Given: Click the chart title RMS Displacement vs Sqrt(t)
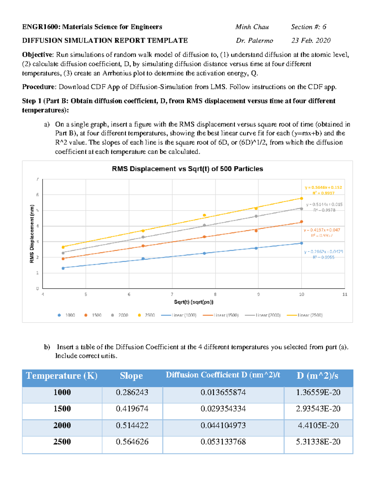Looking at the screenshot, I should pos(187,169).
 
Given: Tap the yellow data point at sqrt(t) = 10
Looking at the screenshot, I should pos(302,198).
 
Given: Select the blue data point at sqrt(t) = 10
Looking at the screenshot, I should pos(302,243).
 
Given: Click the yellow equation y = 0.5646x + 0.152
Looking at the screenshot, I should pos(323,187).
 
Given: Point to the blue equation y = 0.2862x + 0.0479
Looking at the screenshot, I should pos(323,251).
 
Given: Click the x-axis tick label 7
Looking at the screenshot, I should pos(172,294).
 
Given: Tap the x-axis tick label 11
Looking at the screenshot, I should pos(345,294).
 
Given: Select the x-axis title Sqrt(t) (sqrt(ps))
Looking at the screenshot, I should pos(194,302).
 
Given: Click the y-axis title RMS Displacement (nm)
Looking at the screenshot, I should pos(32,234).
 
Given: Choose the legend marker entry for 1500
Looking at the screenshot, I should pos(93,315).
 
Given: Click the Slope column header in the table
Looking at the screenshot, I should pos(132,376).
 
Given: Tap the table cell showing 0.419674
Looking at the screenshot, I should pos(132,409).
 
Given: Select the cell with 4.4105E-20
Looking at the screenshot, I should pos(318,425).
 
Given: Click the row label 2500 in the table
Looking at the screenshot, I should pos(62,442).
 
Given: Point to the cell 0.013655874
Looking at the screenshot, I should pos(223,392).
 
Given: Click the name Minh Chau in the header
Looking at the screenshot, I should pos(252,27).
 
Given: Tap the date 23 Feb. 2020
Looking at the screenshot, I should pos(311,41).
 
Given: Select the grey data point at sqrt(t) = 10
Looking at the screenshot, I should pos(302,209).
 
